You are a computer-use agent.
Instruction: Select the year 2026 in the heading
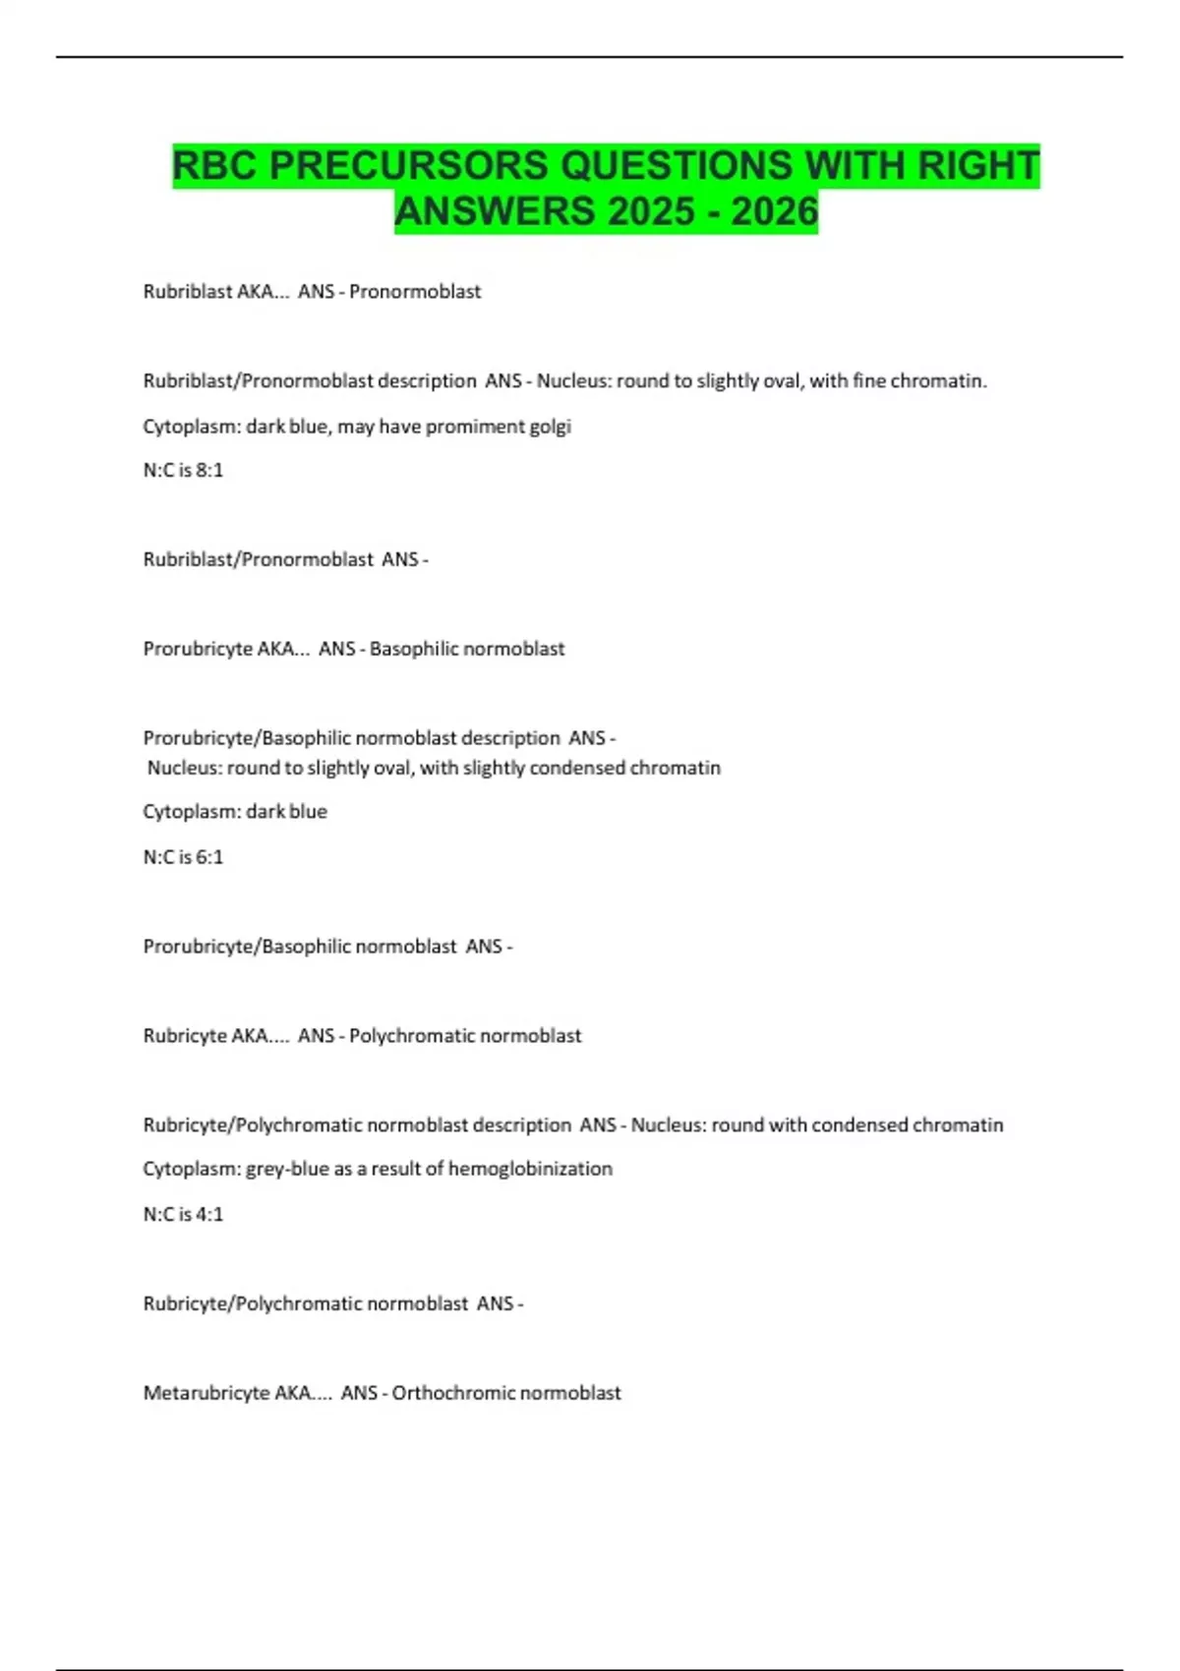tap(774, 211)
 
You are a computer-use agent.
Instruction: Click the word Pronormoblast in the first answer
tap(415, 291)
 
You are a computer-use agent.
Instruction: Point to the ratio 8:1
tap(209, 470)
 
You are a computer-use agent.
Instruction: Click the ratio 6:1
tap(209, 856)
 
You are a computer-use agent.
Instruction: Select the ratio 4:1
tap(209, 1214)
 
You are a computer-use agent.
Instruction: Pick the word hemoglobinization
tap(530, 1169)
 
